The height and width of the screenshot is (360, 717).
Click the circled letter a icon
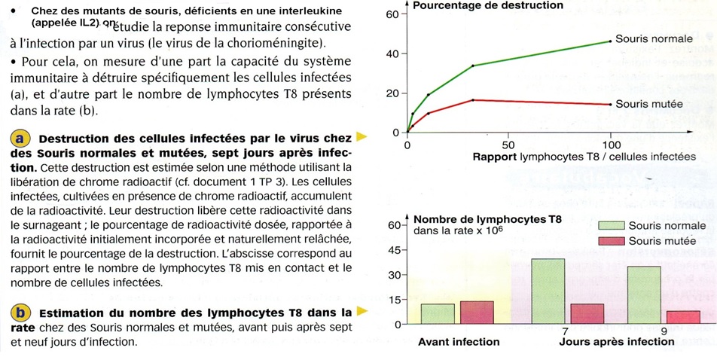click(x=20, y=139)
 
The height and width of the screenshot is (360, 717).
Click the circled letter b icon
click(x=20, y=313)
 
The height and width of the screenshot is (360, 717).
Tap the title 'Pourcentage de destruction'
click(x=487, y=6)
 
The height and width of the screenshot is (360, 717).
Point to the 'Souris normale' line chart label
click(x=650, y=38)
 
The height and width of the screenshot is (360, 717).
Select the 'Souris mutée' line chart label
click(x=648, y=104)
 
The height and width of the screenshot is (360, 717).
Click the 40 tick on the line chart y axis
click(x=392, y=54)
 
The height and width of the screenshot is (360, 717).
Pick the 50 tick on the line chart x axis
click(x=508, y=145)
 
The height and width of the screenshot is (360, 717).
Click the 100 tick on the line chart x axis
click(x=609, y=145)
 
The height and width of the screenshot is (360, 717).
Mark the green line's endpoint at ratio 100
click(x=609, y=41)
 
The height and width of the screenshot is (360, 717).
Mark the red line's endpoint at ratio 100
click(x=609, y=104)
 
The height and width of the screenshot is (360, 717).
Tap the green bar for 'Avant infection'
click(x=438, y=314)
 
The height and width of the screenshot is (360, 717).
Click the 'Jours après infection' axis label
click(x=616, y=342)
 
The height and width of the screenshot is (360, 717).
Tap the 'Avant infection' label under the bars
click(x=458, y=342)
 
